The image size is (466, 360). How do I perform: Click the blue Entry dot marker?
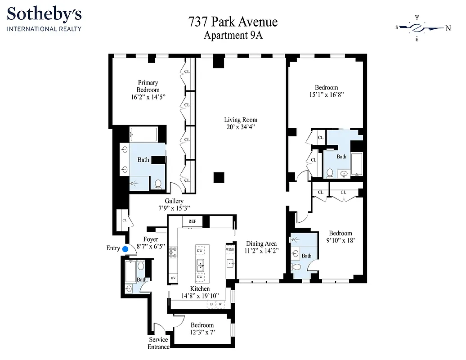[x=125, y=248]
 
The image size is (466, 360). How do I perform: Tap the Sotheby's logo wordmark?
[x=44, y=15]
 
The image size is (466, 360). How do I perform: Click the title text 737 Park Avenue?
[x=233, y=22]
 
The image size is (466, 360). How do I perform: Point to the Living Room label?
[x=241, y=120]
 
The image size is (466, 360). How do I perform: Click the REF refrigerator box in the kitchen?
[x=192, y=221]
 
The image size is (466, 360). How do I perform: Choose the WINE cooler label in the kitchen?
[x=230, y=249]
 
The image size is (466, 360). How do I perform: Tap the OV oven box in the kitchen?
[x=173, y=278]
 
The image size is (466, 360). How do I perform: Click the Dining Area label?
[x=261, y=243]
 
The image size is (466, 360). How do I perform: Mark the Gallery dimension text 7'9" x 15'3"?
[x=174, y=208]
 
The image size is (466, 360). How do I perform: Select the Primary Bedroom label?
[x=148, y=86]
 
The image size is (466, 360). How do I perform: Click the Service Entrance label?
[x=158, y=343]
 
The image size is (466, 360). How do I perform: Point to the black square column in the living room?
[x=219, y=177]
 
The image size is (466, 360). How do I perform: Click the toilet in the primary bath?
[x=158, y=184]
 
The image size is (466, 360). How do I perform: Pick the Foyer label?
[x=151, y=239]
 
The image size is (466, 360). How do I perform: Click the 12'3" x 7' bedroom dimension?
[x=202, y=333]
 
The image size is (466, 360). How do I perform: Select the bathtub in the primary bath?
[x=143, y=134]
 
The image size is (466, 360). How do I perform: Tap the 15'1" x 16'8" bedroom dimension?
[x=326, y=95]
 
